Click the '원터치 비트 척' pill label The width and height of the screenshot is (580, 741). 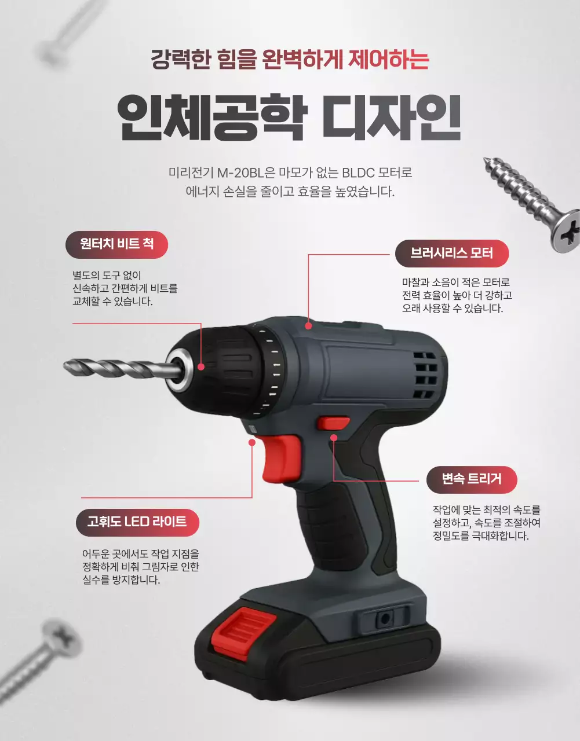tap(116, 244)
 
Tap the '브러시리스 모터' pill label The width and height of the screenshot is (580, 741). tap(451, 253)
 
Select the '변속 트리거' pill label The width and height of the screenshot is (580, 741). tap(471, 479)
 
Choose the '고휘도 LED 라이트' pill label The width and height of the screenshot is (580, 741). tap(137, 522)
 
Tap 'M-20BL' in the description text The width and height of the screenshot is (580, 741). tap(239, 173)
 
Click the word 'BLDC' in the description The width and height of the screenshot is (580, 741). tap(359, 173)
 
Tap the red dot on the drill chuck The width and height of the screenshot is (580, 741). tap(200, 366)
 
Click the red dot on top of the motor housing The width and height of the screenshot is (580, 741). tap(308, 326)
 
